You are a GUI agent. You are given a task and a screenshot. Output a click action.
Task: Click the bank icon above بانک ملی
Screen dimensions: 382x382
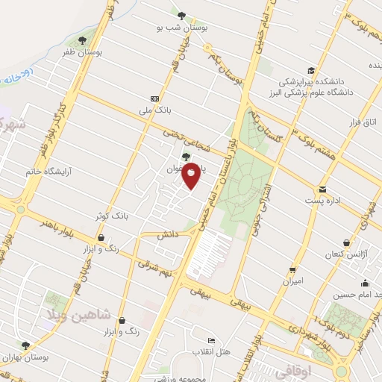point(154,98)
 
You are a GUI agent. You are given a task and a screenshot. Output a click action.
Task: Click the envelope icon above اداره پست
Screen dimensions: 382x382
point(322,189)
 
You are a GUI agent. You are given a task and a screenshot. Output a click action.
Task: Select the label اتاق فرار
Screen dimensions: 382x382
point(365,120)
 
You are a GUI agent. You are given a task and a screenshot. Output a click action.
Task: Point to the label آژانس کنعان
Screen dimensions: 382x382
point(345,255)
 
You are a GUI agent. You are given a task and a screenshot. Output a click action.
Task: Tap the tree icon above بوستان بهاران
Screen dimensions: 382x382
point(26,345)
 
